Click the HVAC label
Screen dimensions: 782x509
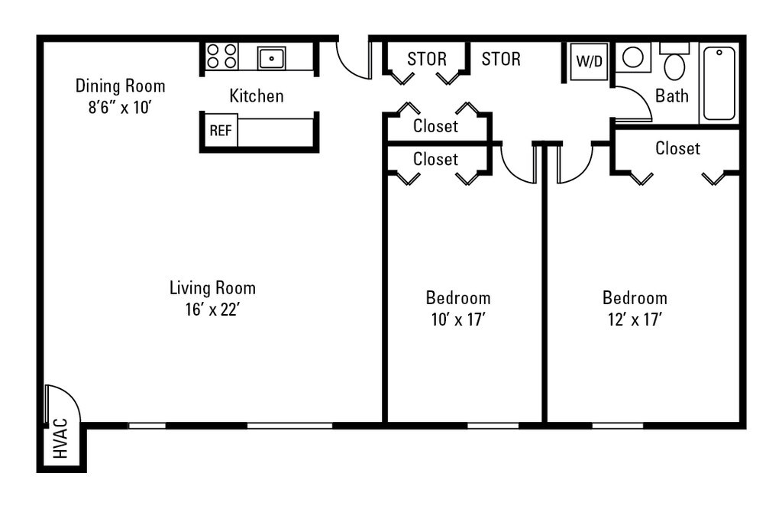point(60,439)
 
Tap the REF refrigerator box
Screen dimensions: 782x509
point(221,130)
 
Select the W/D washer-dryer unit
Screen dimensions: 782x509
point(589,61)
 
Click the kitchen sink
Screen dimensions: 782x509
point(271,58)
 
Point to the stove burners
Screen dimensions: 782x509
point(222,56)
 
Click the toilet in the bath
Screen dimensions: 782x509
point(675,62)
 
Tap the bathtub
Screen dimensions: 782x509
point(719,83)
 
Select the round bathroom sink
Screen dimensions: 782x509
point(633,57)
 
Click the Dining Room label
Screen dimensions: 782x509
point(120,86)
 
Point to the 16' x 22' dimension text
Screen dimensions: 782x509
point(213,310)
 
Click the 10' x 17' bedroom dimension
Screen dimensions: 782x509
point(458,319)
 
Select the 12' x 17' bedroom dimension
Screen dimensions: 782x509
point(635,319)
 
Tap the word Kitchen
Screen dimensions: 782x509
point(257,96)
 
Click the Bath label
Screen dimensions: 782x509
point(672,96)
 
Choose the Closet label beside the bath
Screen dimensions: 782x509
point(678,148)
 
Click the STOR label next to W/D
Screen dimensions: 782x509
point(501,60)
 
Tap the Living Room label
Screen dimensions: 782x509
point(212,288)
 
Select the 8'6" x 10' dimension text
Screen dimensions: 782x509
point(120,107)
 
